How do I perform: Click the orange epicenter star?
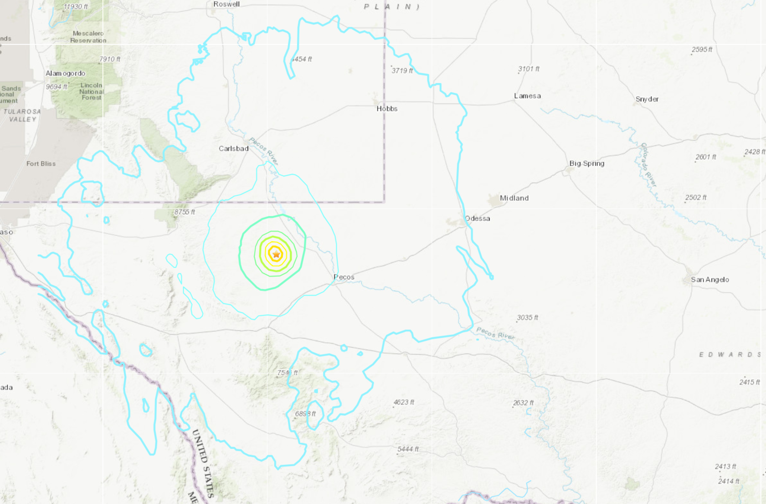[276, 254]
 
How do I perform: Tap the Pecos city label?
[344, 277]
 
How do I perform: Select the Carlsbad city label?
[233, 149]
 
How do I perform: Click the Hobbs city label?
[387, 109]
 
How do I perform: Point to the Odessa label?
[477, 219]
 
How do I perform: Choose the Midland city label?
[514, 198]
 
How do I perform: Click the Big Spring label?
[587, 163]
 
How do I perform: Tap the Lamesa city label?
[527, 96]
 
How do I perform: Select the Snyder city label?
[647, 99]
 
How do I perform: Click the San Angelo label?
[710, 280]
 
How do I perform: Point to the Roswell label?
[226, 4]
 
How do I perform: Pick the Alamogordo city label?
[66, 73]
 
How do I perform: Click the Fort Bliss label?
[41, 164]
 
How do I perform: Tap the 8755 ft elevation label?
[185, 212]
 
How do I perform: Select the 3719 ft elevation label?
[402, 70]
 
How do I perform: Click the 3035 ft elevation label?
[528, 317]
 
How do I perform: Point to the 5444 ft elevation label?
[408, 449]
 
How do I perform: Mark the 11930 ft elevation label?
[76, 7]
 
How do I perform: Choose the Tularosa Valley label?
[22, 115]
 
